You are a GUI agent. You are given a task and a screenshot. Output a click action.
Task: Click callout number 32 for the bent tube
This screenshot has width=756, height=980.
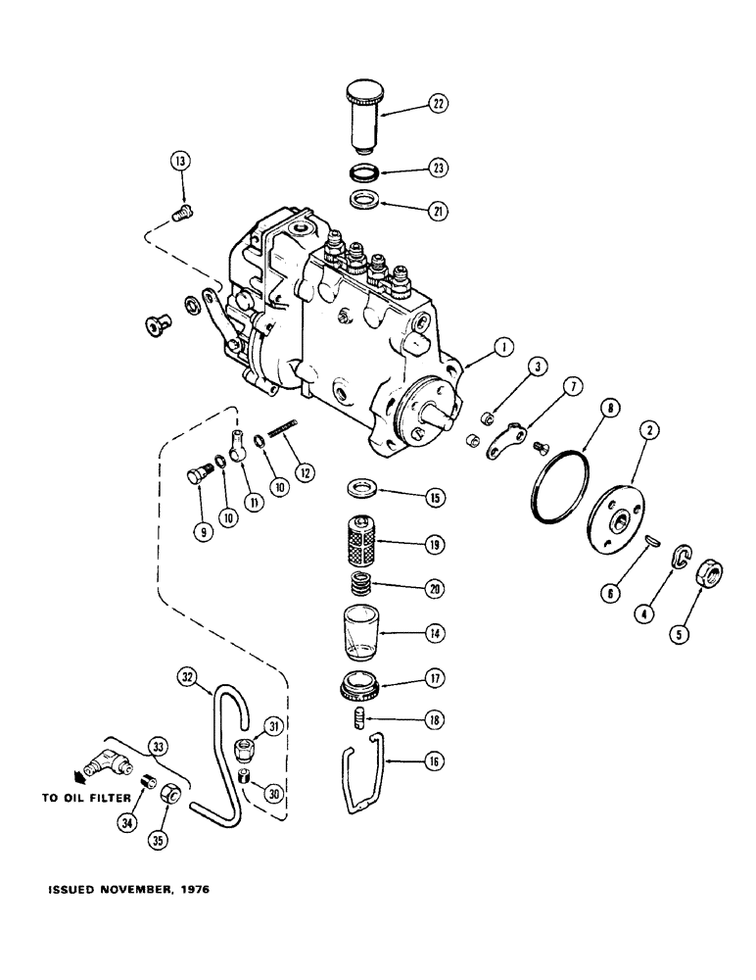pyautogui.click(x=188, y=675)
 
